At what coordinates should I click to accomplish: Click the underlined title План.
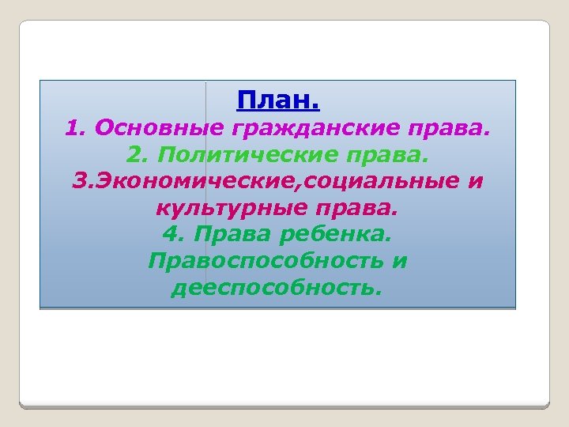point(278,100)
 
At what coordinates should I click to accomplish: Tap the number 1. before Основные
point(75,127)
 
